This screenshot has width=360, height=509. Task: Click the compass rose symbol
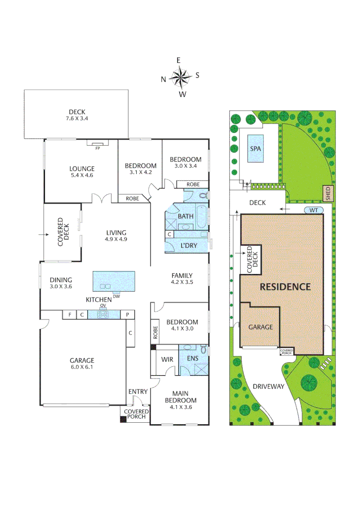(x=180, y=77)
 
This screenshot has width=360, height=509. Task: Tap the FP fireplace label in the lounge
(x=98, y=148)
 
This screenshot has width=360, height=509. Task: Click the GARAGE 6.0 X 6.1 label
(x=83, y=364)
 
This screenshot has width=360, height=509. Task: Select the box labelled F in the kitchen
(x=70, y=314)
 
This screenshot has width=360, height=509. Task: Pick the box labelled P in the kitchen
(x=127, y=314)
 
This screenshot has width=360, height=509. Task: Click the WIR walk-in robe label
(x=167, y=360)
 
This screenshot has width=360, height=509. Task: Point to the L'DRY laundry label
(x=189, y=246)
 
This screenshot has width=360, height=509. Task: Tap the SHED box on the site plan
(x=328, y=193)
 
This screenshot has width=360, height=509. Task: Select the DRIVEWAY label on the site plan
(x=268, y=386)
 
